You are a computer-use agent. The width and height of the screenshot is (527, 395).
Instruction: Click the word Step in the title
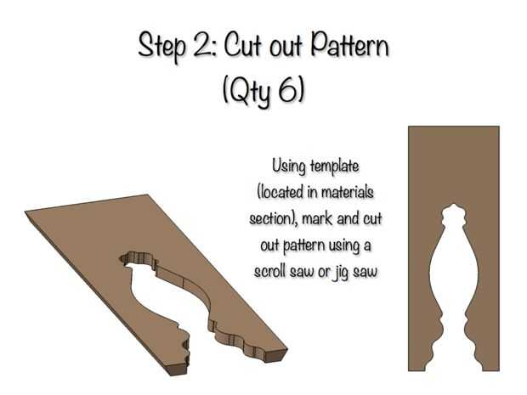[x=161, y=47]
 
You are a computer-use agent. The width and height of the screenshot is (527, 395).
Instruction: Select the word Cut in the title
[x=242, y=45]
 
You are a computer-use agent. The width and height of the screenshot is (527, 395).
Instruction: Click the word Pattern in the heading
[x=350, y=45]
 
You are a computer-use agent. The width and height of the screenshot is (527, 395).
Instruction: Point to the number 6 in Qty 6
[x=288, y=90]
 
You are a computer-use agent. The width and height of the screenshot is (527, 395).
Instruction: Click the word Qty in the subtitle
[x=250, y=92]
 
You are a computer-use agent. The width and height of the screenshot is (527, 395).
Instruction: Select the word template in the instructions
[x=334, y=167]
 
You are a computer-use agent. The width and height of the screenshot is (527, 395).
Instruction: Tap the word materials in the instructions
[x=347, y=192]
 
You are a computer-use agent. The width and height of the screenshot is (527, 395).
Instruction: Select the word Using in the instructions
[x=289, y=166]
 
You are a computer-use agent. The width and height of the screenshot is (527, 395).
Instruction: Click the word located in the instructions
[x=281, y=193]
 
